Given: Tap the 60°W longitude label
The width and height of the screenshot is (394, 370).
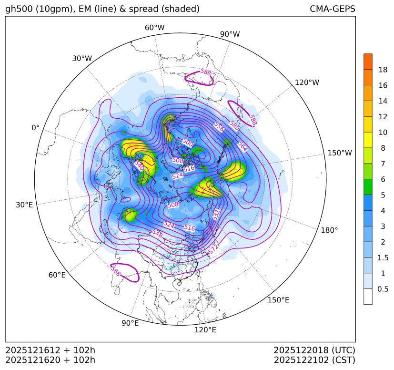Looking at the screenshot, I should coord(154,28).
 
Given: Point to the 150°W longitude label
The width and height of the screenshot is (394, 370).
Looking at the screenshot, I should coord(340,153).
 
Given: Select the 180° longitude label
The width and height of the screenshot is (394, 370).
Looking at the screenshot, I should coord(329,230).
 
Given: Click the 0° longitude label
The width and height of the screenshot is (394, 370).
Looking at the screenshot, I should coord(35,128).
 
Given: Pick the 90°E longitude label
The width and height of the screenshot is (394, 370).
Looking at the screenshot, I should coord(130,323).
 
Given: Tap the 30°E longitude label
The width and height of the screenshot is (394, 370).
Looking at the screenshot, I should coord(24,205).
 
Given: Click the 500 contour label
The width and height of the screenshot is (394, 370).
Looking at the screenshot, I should coord(188,142).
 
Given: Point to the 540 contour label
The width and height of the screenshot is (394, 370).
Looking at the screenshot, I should coord(139,165).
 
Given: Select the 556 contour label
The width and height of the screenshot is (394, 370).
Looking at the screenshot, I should coord(219,126).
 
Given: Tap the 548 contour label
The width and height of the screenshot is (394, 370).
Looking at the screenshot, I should coord(157,234).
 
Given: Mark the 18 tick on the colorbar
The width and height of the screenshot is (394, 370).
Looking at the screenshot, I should coord(383,70).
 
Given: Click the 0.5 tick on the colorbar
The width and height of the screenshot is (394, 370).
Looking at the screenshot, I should coord(383,289).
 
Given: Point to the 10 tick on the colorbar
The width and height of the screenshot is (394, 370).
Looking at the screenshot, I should coord(383,132).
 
